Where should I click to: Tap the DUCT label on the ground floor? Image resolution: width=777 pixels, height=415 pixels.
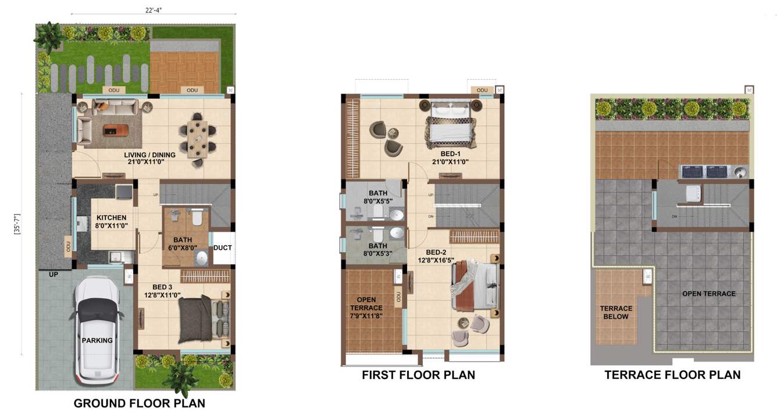tap(222, 248)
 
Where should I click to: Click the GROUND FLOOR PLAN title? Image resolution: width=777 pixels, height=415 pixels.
tap(139, 403)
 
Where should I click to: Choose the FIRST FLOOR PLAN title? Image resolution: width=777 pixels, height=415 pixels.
tap(418, 375)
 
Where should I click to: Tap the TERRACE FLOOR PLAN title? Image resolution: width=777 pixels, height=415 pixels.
tap(672, 375)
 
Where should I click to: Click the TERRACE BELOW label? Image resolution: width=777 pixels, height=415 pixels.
tap(616, 313)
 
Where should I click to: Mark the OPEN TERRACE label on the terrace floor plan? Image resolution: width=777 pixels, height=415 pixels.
tap(708, 294)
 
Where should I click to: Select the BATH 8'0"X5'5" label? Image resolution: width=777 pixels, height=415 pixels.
tap(377, 197)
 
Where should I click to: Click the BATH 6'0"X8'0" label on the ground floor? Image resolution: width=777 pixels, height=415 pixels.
tap(183, 244)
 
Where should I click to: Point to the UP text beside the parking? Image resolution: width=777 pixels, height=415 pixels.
tap(54, 274)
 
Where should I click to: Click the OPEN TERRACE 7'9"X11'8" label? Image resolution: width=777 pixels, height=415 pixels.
tap(366, 307)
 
